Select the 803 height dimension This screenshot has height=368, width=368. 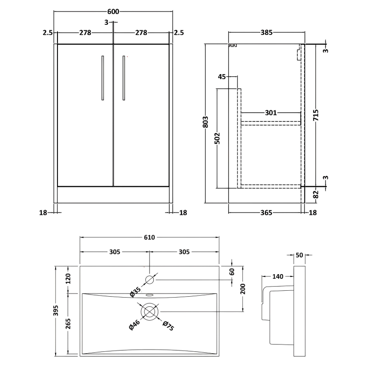(x=206, y=121)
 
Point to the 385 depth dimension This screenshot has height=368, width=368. (x=267, y=33)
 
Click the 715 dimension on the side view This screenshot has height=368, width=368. (x=316, y=118)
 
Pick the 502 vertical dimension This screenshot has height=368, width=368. (x=218, y=138)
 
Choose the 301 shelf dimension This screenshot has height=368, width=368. (x=271, y=112)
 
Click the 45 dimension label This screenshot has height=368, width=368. (x=222, y=76)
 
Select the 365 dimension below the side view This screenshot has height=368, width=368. (x=266, y=213)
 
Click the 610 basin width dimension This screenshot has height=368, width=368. (x=149, y=237)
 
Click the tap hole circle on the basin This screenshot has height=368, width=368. (x=149, y=280)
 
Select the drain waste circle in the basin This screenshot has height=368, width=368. (x=149, y=311)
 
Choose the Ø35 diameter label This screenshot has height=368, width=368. (x=135, y=292)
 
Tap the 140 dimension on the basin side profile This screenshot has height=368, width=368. (x=277, y=276)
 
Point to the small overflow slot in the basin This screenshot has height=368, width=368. (x=149, y=295)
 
